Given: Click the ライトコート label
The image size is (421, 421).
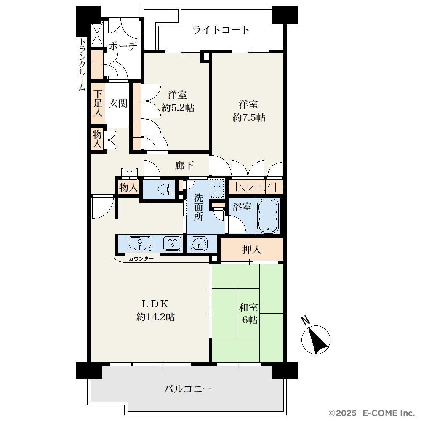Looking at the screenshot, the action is pyautogui.click(x=221, y=29).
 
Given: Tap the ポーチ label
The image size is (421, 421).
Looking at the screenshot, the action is pyautogui.click(x=123, y=46).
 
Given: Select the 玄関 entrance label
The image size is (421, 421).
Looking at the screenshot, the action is pyautogui.click(x=118, y=104).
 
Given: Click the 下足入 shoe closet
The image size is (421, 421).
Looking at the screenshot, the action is pyautogui.click(x=98, y=104).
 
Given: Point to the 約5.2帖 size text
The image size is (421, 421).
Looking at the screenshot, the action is pyautogui.click(x=178, y=108).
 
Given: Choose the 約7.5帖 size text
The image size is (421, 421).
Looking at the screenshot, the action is pyautogui.click(x=249, y=117).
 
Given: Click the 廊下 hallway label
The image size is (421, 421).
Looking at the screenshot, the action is pyautogui.click(x=184, y=165).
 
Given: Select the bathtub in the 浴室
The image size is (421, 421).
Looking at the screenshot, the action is pyautogui.click(x=268, y=216).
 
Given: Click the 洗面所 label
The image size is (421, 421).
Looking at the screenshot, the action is pyautogui.click(x=198, y=207).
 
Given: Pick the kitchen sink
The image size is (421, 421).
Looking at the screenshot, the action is pyautogui.click(x=140, y=243).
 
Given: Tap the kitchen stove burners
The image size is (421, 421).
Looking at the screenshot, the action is pyautogui.click(x=172, y=243).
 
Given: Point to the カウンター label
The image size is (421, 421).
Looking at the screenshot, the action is pyautogui.click(x=141, y=259).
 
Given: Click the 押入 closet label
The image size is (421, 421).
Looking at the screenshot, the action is pyautogui.click(x=252, y=250).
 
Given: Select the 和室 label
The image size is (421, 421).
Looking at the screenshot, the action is pyautogui.click(x=248, y=307).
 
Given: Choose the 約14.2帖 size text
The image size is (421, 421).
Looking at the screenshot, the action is pyautogui.click(x=155, y=317).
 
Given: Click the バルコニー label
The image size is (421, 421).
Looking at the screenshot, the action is pyautogui.click(x=188, y=389).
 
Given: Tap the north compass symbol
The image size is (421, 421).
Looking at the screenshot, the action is pyautogui.click(x=315, y=337).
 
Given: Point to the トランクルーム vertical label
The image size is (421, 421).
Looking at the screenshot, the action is pyautogui.click(x=82, y=65).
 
